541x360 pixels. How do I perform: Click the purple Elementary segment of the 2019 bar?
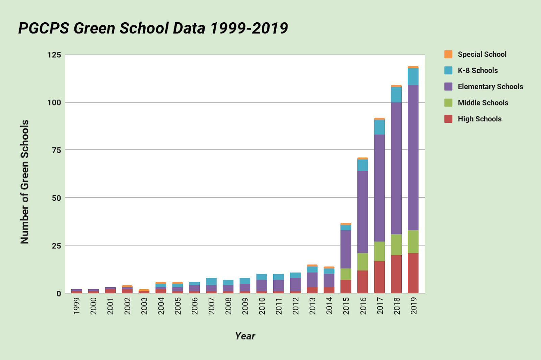tap(413, 157)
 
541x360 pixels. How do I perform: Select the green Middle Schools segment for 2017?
tap(379, 251)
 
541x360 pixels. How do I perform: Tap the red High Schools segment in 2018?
tap(396, 274)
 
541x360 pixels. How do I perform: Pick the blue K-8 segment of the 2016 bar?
tap(362, 165)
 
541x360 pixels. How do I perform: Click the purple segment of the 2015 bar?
tap(346, 249)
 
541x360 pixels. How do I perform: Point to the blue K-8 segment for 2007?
tap(211, 282)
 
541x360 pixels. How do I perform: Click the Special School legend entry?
tap(482, 54)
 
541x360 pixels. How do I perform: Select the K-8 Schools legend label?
tap(478, 71)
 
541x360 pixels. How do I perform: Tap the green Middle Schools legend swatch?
tap(448, 103)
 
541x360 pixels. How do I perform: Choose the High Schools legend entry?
tap(479, 119)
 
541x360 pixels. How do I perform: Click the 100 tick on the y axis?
tap(54, 102)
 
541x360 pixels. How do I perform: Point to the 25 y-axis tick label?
tap(56, 246)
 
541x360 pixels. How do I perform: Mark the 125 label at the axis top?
tap(54, 55)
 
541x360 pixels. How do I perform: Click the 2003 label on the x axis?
tap(144, 306)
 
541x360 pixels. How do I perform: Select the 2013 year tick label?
tap(312, 306)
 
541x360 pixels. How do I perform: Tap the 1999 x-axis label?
tap(77, 306)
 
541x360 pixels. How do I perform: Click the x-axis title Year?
tap(245, 336)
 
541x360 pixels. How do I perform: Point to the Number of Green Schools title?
tap(25, 182)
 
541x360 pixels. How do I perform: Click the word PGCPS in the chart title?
tap(43, 28)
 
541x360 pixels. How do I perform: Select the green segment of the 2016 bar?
tap(362, 262)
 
